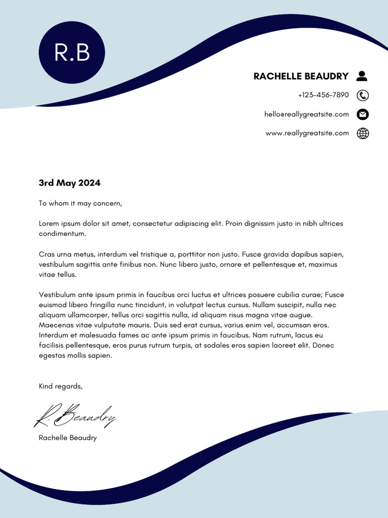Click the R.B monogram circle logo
coord(72,52)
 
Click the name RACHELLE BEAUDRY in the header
coord(301,76)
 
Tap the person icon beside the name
coord(362,76)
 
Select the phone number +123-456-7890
coord(323,95)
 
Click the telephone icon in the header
coord(362,95)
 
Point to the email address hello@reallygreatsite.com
coord(306,114)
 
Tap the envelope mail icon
coord(362,114)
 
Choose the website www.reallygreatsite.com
coord(307,133)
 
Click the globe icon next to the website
coord(363,134)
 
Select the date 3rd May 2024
coord(70,183)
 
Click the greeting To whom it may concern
coord(80,203)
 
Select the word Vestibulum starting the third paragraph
coord(57,294)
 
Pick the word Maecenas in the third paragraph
coord(56,325)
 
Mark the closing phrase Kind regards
coord(60,386)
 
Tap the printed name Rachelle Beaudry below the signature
coord(68,438)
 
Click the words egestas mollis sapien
coord(75,356)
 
